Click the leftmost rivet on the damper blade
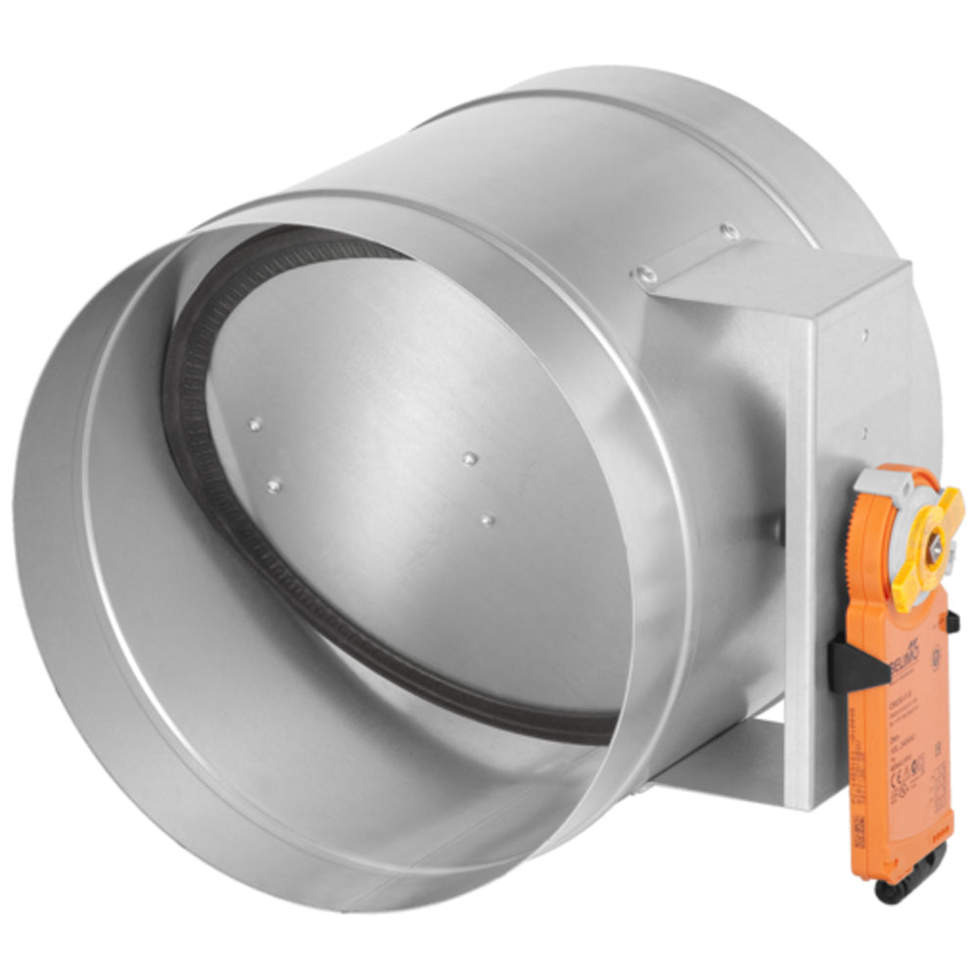[255, 425]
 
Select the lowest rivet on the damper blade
[487, 518]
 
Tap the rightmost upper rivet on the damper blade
[470, 458]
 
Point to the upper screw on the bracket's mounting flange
[726, 232]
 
